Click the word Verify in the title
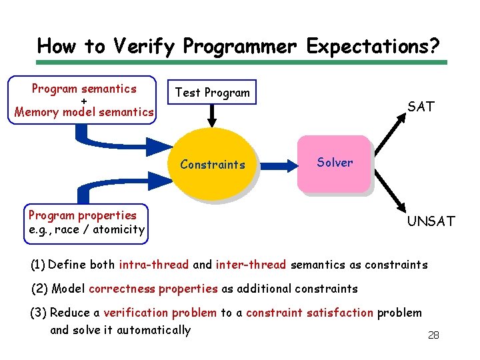(145, 46)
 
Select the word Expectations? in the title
(373, 46)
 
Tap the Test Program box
(212, 93)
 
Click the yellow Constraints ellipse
(213, 164)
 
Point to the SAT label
(421, 106)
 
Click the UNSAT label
(431, 221)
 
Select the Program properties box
(86, 223)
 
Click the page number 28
(433, 335)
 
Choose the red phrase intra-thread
(154, 265)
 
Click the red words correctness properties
(153, 289)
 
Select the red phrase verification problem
(160, 313)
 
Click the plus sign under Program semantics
(84, 101)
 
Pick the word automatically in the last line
(153, 330)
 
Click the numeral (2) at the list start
(40, 289)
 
